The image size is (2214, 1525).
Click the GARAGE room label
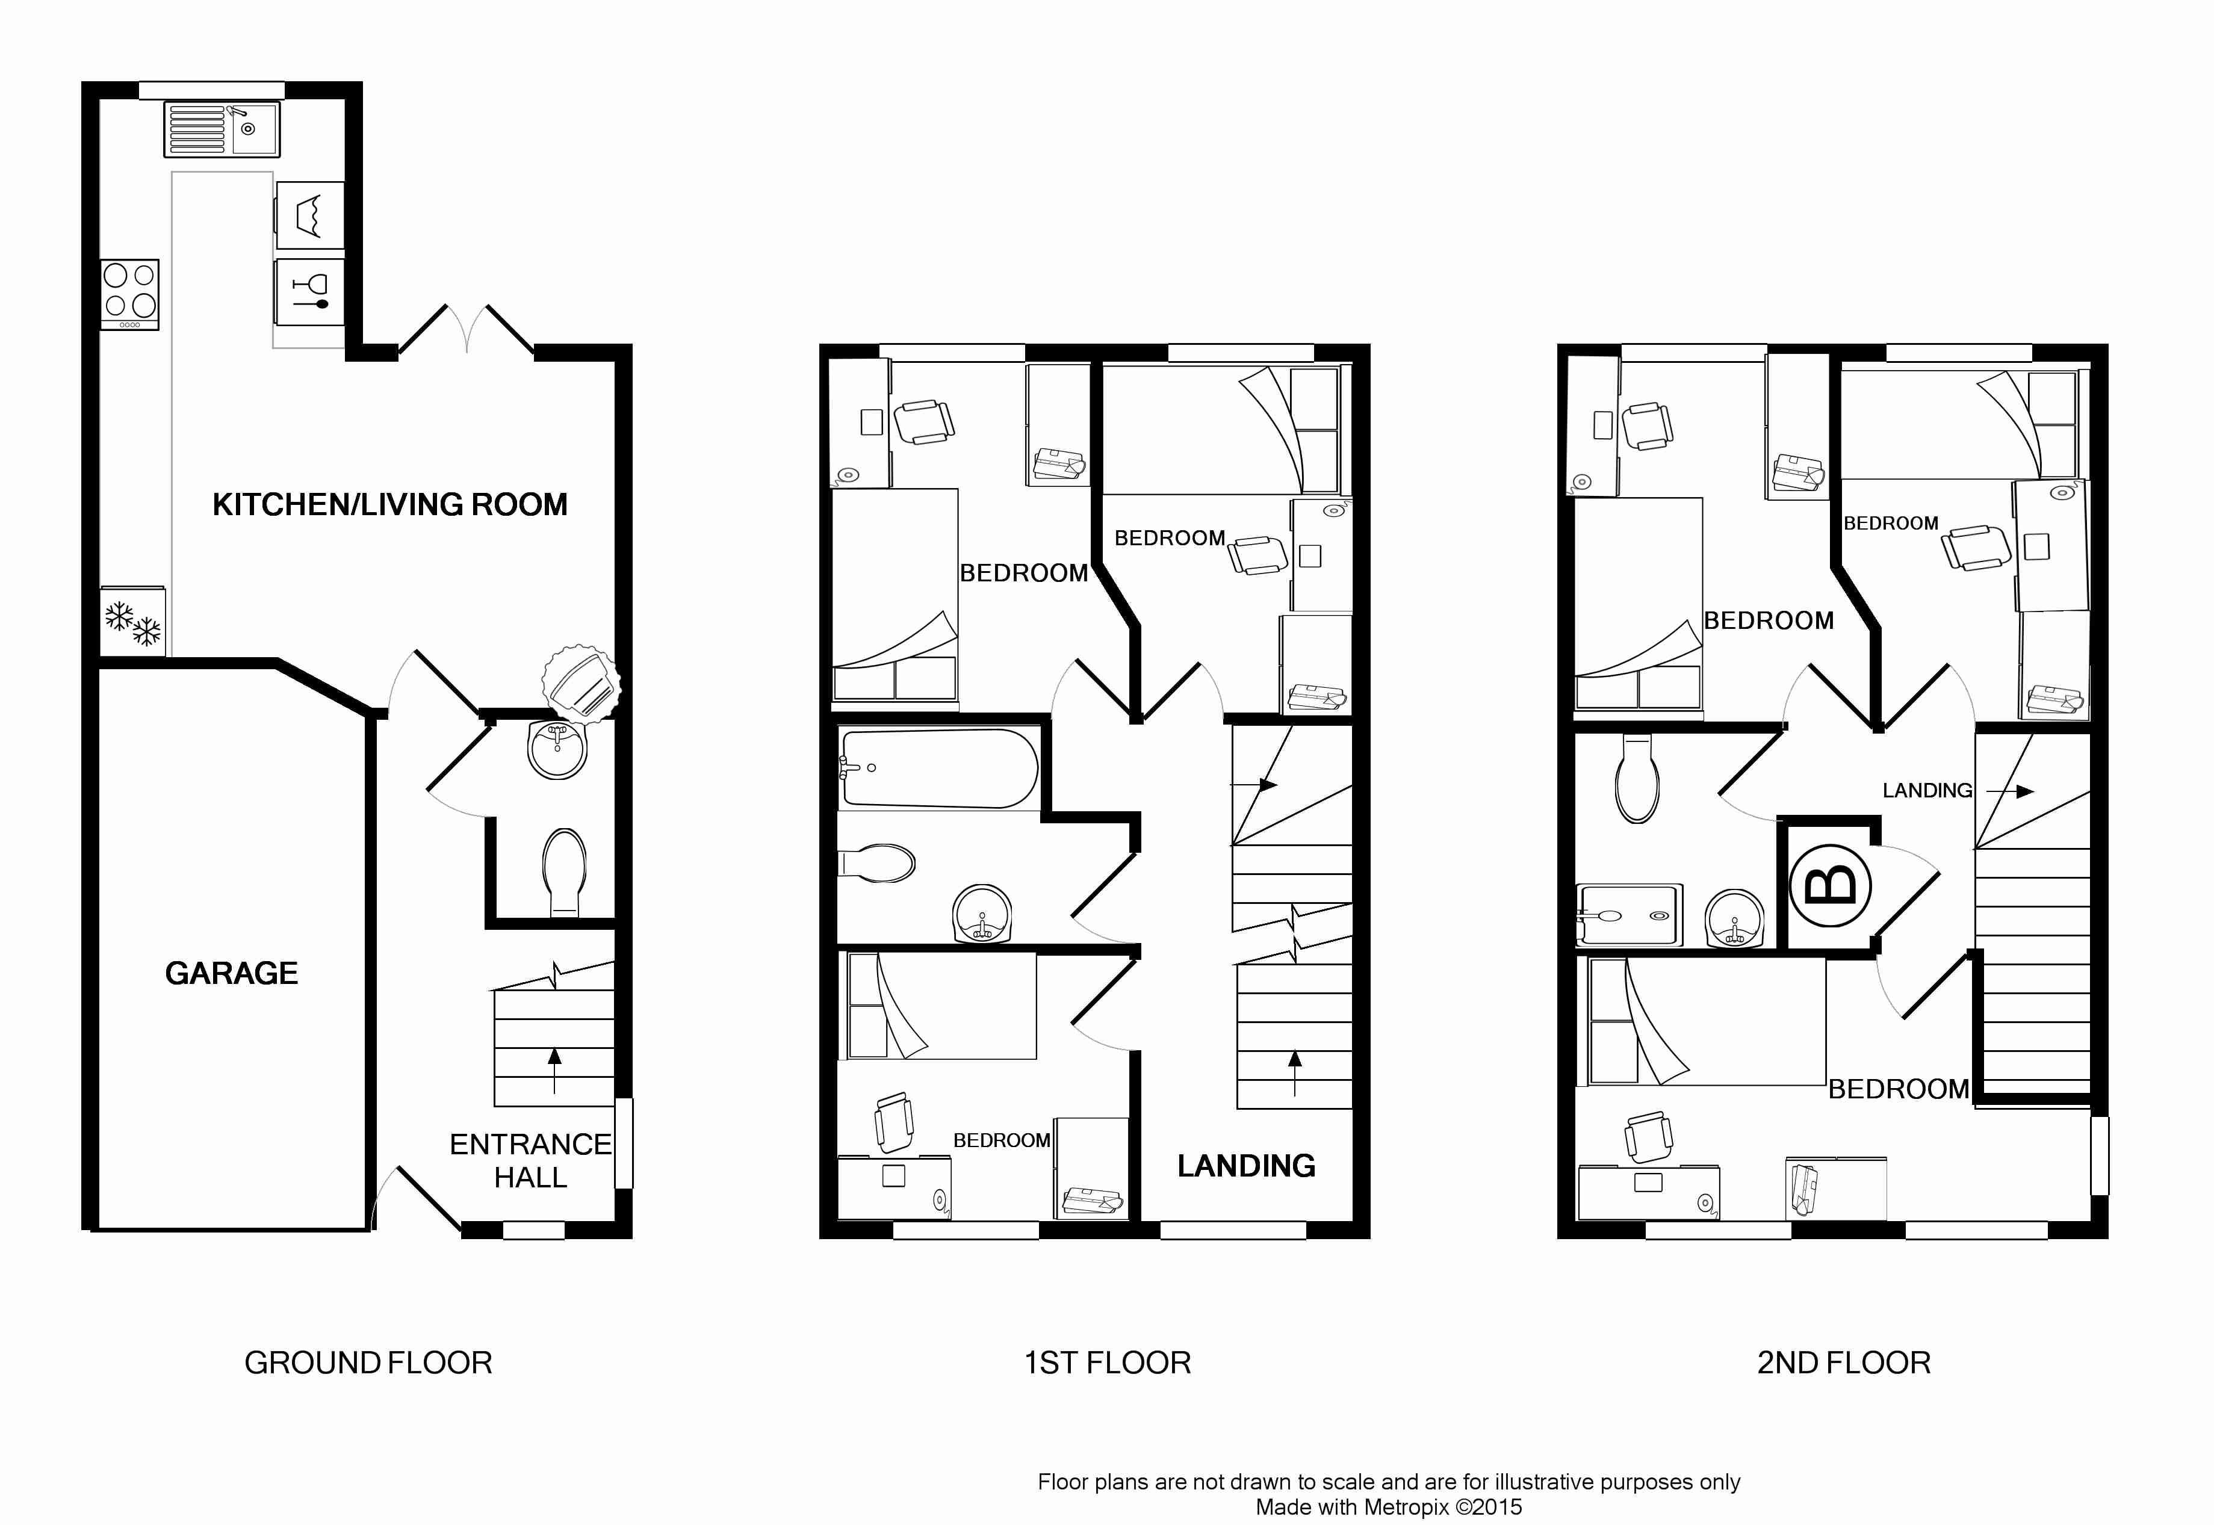pyautogui.click(x=231, y=973)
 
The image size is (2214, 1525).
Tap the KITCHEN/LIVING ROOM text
pyautogui.click(x=390, y=504)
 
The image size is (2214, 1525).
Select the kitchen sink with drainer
pyautogui.click(x=222, y=129)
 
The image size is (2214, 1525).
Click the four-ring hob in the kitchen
pyautogui.click(x=130, y=295)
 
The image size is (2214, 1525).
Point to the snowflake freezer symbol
pyautogui.click(x=133, y=622)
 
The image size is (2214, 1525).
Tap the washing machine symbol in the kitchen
pyautogui.click(x=309, y=215)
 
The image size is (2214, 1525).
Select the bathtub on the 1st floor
pyautogui.click(x=938, y=769)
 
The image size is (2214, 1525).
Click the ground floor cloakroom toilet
pyautogui.click(x=564, y=871)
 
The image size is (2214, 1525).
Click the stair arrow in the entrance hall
pyautogui.click(x=554, y=1070)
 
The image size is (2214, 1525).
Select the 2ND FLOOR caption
pyautogui.click(x=1843, y=1363)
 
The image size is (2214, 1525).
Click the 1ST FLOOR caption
pyautogui.click(x=1108, y=1363)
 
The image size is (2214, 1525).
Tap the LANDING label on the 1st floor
pyautogui.click(x=1246, y=1166)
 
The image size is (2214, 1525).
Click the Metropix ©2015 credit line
pyautogui.click(x=1388, y=1507)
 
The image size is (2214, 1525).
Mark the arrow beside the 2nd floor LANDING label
pyautogui.click(x=2009, y=791)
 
